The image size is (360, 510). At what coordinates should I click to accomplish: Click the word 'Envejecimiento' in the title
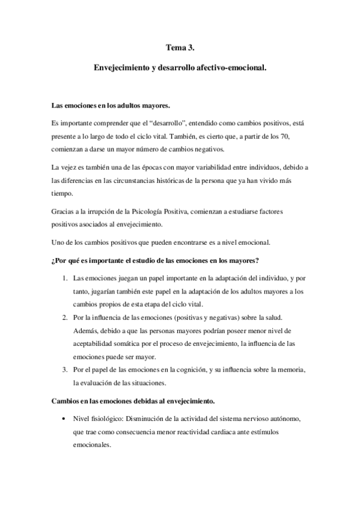tap(122, 69)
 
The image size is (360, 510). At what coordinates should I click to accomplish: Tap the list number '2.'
tap(66, 317)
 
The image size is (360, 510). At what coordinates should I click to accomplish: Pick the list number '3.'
tap(66, 369)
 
